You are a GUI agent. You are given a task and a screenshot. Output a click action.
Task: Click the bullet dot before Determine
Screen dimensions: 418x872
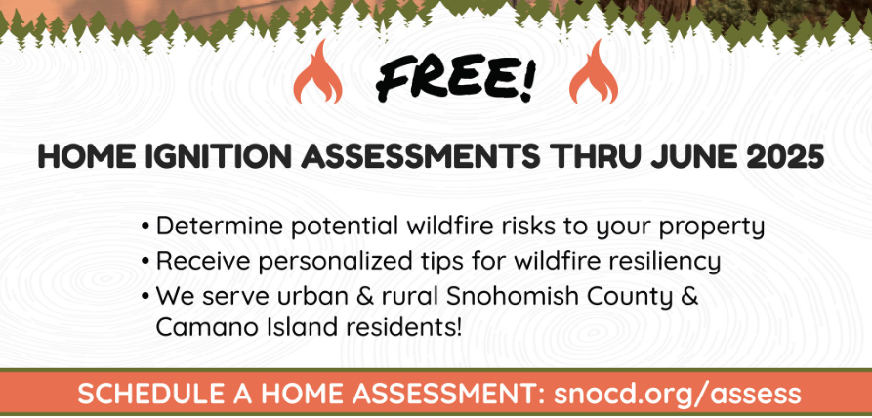point(145,228)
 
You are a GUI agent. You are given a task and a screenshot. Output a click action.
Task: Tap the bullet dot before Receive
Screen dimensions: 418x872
point(145,262)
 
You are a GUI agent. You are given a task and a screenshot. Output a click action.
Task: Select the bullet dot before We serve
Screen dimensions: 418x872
point(145,296)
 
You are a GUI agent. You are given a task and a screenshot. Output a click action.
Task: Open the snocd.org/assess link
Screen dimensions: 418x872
point(679,395)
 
